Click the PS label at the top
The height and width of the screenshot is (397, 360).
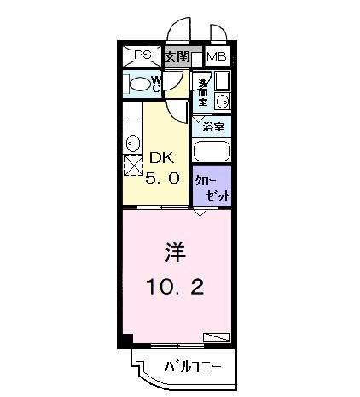[x=142, y=55]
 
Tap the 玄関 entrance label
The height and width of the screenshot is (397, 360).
[x=177, y=57]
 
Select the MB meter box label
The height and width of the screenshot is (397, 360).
[x=216, y=56]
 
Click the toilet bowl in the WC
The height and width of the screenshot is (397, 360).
[x=137, y=83]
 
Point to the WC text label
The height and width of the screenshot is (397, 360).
[x=158, y=83]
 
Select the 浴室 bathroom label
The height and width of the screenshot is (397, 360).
[x=213, y=126]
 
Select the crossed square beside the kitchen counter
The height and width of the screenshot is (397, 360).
[x=133, y=165]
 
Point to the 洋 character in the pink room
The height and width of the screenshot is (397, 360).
[x=175, y=253]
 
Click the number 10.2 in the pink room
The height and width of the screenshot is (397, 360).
[x=175, y=288]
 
